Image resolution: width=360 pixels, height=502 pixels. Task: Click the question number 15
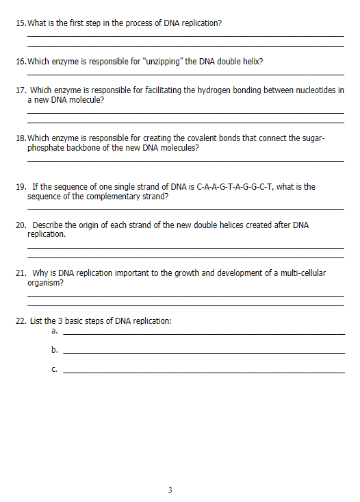(x=20, y=23)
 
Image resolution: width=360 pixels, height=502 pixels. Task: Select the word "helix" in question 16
(x=252, y=62)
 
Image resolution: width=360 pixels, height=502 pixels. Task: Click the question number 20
(x=21, y=225)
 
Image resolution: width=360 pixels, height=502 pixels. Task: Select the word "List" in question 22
(x=37, y=321)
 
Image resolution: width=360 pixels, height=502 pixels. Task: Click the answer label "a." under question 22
(x=55, y=331)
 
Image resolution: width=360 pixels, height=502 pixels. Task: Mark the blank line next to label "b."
(x=203, y=353)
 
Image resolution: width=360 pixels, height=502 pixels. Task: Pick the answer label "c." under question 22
(x=54, y=370)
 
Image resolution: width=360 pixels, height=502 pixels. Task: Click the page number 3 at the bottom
(x=170, y=490)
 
